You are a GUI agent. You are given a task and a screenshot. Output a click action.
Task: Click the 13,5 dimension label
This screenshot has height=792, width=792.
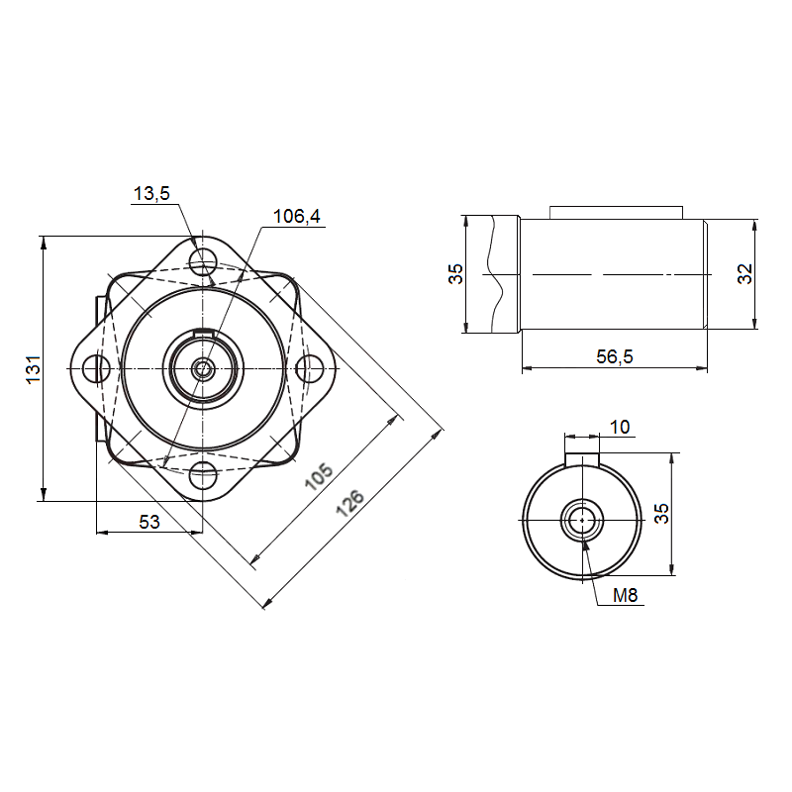[151, 193]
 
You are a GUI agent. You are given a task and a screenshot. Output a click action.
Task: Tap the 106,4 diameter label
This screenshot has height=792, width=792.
[296, 216]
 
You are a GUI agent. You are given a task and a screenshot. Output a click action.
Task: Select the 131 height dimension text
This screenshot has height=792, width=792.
[34, 369]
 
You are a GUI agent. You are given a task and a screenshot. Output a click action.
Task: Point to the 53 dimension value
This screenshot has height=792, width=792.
[149, 522]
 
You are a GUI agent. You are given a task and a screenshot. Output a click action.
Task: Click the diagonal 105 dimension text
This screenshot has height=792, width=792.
[319, 476]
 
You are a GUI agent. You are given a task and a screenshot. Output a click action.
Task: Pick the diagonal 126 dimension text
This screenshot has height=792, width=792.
[350, 503]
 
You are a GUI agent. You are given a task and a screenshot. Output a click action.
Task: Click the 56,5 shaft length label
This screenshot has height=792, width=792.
[614, 356]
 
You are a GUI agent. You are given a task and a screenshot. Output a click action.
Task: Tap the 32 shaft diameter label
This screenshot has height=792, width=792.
[745, 274]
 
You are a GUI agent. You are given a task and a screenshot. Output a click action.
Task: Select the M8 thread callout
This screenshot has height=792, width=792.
[626, 595]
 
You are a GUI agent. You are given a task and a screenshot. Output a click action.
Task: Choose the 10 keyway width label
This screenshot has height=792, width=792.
[620, 428]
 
